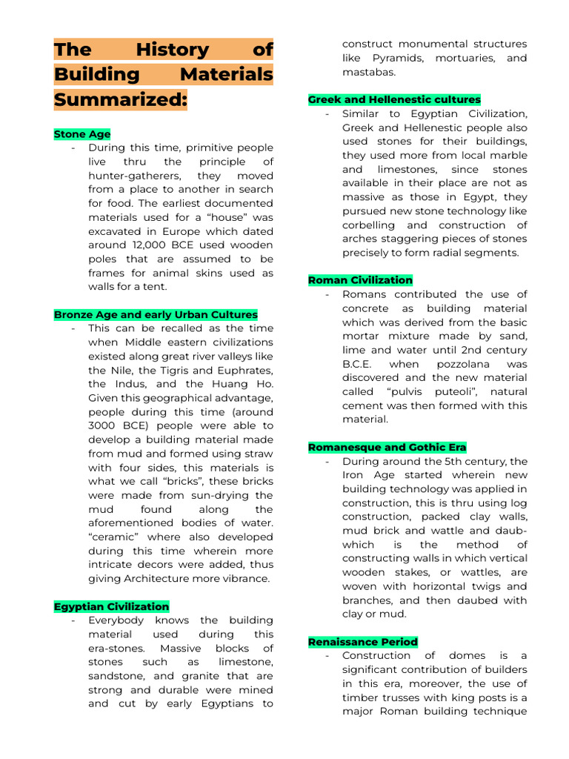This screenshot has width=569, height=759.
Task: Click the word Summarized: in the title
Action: click(120, 99)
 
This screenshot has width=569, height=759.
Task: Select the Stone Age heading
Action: click(82, 134)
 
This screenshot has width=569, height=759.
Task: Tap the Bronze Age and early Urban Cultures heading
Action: click(156, 314)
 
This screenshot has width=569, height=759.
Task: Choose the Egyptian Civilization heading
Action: click(111, 606)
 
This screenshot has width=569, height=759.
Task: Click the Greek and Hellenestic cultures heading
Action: click(394, 99)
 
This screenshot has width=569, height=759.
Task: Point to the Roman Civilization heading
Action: click(360, 280)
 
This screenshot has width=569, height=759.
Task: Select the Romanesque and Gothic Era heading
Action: click(387, 447)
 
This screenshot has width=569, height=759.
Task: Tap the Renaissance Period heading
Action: click(363, 642)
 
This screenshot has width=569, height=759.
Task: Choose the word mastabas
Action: click(369, 72)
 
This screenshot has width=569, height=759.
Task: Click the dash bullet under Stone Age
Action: click(73, 148)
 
